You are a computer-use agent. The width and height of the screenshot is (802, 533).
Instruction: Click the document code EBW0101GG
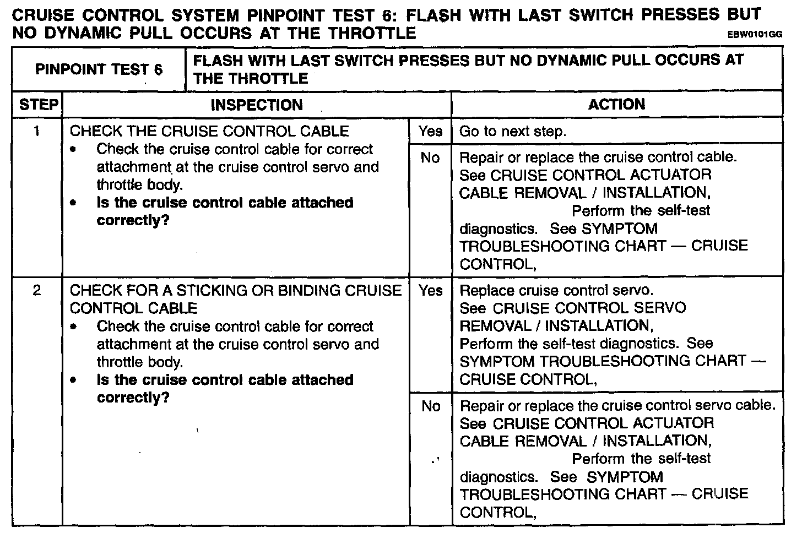click(755, 35)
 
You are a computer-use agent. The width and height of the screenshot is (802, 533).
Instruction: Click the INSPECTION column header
click(257, 105)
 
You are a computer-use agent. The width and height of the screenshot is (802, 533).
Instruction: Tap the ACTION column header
click(616, 104)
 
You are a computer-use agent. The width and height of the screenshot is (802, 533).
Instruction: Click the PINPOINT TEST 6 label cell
click(99, 69)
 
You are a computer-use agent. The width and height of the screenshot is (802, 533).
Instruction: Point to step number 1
click(37, 131)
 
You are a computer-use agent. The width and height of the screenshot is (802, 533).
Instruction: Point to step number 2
click(37, 290)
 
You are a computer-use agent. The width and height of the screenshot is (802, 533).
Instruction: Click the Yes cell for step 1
click(430, 131)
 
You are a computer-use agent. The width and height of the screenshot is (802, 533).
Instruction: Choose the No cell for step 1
click(430, 158)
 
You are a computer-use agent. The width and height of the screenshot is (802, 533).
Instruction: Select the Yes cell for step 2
click(430, 290)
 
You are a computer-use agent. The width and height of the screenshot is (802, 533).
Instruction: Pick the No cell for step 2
click(430, 406)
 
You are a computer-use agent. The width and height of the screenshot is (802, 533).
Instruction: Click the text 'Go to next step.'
click(513, 132)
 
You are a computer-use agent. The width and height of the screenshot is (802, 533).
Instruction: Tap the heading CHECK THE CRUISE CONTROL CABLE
click(209, 131)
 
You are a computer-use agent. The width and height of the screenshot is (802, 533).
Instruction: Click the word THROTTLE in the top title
click(372, 34)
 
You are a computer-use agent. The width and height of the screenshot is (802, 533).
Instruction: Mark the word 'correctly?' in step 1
click(133, 221)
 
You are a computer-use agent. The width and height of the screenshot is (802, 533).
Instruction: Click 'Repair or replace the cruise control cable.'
click(598, 157)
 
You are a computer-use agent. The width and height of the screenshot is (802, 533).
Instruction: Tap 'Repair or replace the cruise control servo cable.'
click(617, 406)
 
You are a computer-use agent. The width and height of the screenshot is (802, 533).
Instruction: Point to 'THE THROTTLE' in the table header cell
click(251, 78)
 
